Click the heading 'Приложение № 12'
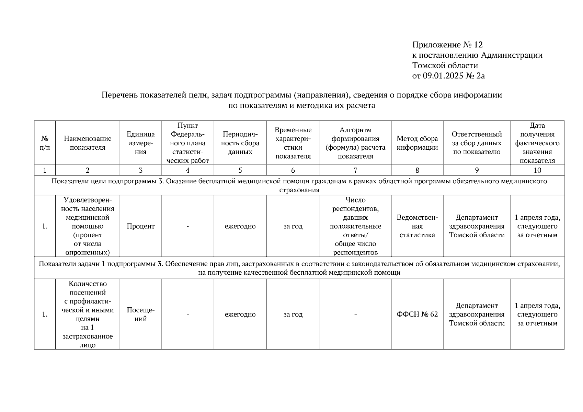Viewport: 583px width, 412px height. pos(447,45)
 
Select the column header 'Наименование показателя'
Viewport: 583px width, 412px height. pos(88,143)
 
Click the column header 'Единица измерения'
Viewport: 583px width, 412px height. pos(140,143)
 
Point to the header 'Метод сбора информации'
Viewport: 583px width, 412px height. pos(417,143)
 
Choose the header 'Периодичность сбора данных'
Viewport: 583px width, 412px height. pos(240,143)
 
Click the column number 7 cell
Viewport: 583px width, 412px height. pos(355,170)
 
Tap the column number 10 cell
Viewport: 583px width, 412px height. pos(537,170)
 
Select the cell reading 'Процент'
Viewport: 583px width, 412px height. pos(140,226)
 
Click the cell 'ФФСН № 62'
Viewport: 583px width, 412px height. pos(417,314)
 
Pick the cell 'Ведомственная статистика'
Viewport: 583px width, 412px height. pos(417,226)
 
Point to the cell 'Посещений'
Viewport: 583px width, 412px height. pos(140,314)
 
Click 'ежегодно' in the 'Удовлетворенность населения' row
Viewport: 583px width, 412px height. pos(240,226)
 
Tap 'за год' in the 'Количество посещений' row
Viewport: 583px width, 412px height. pos(293,314)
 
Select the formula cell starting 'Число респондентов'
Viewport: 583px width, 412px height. pos(355,226)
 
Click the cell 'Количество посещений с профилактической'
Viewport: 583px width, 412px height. pos(88,314)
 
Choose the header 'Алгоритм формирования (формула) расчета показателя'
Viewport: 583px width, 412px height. pos(355,143)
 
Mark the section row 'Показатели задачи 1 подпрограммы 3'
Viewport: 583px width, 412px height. pos(299,268)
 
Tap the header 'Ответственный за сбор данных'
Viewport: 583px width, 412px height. pos(477,143)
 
